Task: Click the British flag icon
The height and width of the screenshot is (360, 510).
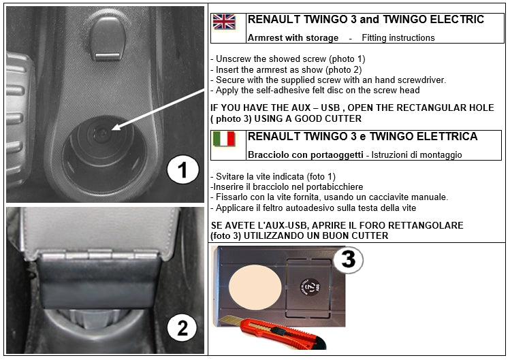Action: pos(224,22)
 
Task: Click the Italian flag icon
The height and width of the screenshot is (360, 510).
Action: pos(224,139)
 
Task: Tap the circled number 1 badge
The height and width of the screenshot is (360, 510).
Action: pos(182,170)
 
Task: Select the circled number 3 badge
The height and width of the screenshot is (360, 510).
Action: pos(349,259)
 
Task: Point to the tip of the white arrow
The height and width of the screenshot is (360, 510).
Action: pos(112,130)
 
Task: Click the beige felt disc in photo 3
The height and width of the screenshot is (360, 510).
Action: pos(255,287)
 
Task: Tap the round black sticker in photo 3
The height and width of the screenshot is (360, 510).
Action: pos(310,287)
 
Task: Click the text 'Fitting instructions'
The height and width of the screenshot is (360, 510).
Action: pos(398,38)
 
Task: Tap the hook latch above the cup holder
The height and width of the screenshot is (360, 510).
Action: pos(108,38)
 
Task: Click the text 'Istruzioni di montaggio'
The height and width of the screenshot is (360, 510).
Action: pos(417,154)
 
